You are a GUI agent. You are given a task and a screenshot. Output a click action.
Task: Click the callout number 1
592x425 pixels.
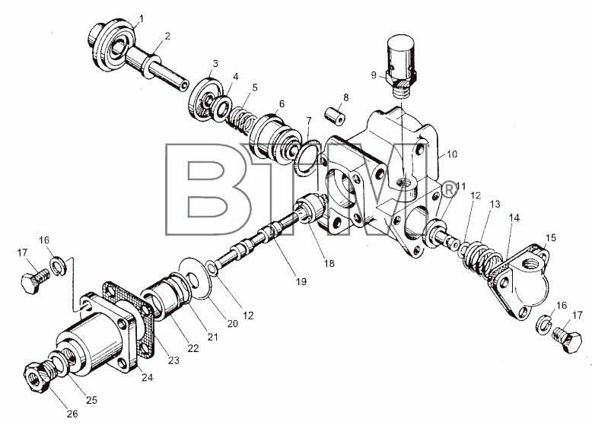[142, 17]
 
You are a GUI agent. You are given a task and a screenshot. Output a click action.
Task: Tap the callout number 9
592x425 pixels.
[374, 75]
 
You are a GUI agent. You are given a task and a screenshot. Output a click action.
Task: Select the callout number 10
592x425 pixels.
[452, 154]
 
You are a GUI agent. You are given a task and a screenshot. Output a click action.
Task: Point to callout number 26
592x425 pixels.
[72, 414]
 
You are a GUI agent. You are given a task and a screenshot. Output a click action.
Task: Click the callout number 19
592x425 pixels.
[301, 281]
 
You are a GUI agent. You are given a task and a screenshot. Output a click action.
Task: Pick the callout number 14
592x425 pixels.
[514, 218]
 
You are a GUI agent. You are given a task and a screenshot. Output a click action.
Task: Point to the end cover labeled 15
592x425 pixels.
[521, 281]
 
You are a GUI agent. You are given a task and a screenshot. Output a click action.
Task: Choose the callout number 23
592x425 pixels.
[173, 360]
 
